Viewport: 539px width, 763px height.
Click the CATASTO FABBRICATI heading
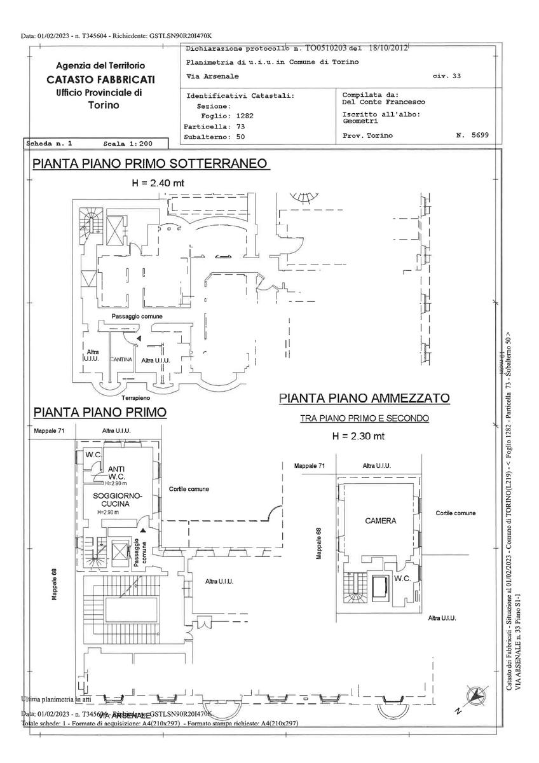point(100,79)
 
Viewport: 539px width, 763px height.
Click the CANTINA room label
point(121,360)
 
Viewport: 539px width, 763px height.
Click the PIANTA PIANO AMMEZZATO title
point(365,399)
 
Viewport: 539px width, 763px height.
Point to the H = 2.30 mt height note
point(358,436)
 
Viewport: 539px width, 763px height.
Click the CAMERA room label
point(380,521)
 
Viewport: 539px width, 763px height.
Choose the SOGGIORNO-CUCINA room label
point(116,498)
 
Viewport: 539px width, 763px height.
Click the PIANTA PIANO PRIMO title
point(100,412)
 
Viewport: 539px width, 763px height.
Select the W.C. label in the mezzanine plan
point(401,579)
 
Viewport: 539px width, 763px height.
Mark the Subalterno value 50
point(240,136)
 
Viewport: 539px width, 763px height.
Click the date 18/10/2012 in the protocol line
point(387,47)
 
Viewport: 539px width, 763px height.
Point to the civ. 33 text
point(447,76)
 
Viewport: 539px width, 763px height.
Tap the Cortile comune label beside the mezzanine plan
point(456,512)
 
